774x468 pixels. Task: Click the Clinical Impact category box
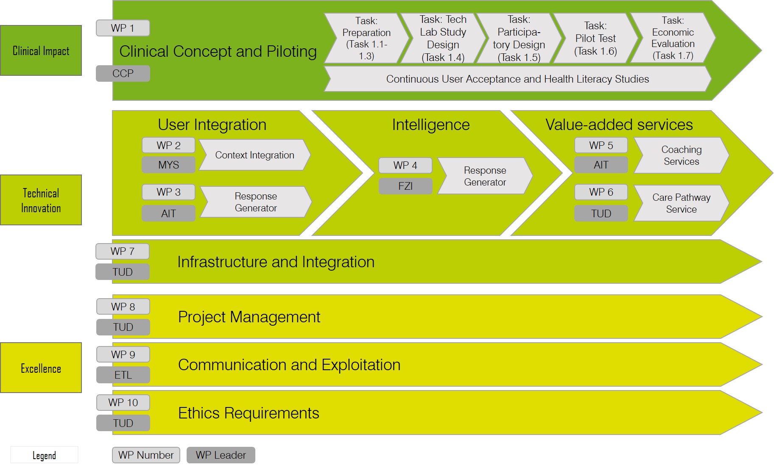tap(41, 50)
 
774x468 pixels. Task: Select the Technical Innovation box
tap(41, 200)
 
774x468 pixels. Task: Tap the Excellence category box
tap(41, 368)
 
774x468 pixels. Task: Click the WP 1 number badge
tap(123, 28)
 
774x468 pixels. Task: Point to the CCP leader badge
tap(123, 73)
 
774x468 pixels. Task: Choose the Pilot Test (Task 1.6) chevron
tap(595, 38)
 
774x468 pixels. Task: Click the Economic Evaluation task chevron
tap(672, 38)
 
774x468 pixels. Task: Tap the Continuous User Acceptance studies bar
tap(517, 79)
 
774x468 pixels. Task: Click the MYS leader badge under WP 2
tap(168, 165)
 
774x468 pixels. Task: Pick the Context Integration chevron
tap(254, 155)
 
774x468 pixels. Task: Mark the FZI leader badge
tap(405, 186)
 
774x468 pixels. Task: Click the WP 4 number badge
tap(405, 165)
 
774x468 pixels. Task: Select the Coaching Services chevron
tap(681, 155)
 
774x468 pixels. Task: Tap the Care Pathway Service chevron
tap(681, 203)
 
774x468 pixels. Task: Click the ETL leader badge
tap(123, 375)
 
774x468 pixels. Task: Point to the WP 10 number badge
tap(123, 402)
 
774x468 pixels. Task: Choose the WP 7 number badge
tap(122, 251)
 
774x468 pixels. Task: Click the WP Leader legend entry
tap(221, 455)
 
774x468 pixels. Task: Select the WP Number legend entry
tap(146, 455)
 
